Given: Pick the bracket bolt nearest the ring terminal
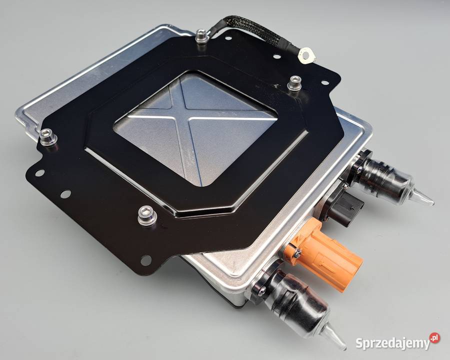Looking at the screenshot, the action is click(294, 83).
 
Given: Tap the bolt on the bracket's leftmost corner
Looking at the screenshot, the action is click(47, 137).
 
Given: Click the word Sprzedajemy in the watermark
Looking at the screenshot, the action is click(392, 343).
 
